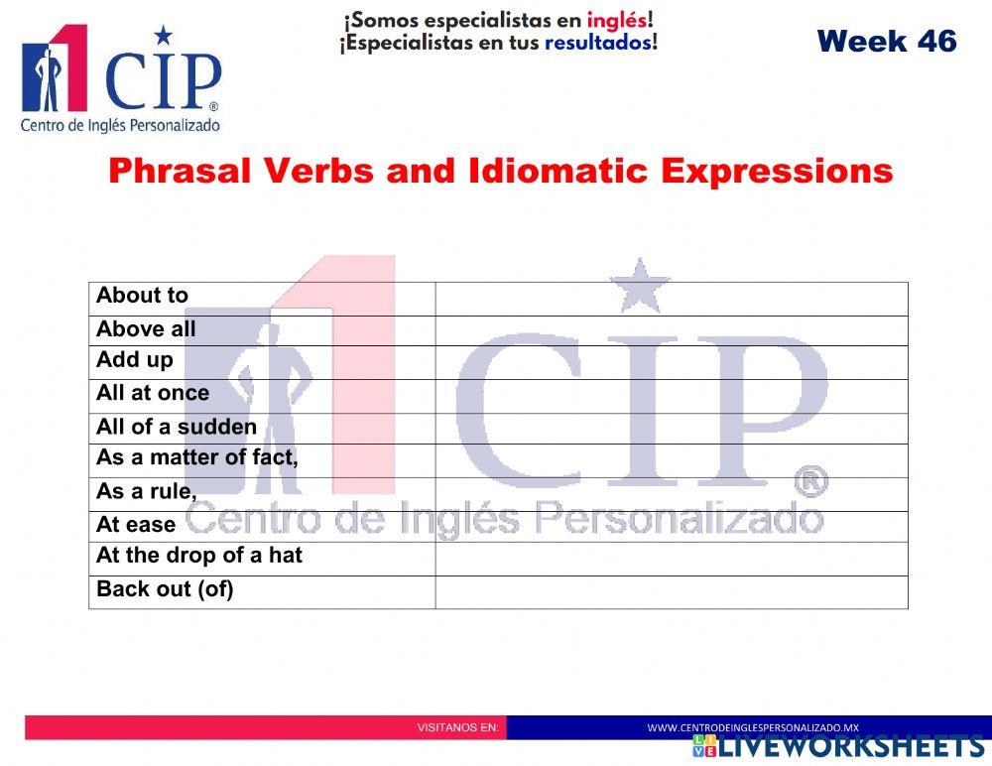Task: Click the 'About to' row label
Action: [x=142, y=296]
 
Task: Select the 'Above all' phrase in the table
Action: [x=146, y=329]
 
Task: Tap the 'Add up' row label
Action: [x=135, y=359]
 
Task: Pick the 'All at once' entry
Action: [x=153, y=393]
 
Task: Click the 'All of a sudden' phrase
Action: [x=177, y=427]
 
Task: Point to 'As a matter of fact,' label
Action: [x=196, y=457]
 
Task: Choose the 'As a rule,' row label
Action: [x=147, y=491]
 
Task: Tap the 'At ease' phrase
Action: [x=136, y=524]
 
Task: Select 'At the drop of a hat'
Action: [x=198, y=556]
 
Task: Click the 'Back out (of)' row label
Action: [x=165, y=589]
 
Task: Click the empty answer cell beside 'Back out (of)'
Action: [x=671, y=591]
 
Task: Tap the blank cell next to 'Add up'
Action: [x=671, y=362]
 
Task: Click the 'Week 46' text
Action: [x=887, y=42]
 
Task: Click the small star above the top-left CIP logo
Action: [x=164, y=36]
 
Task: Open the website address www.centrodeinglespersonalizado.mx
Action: [x=753, y=727]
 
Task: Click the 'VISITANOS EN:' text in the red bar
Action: [x=457, y=727]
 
